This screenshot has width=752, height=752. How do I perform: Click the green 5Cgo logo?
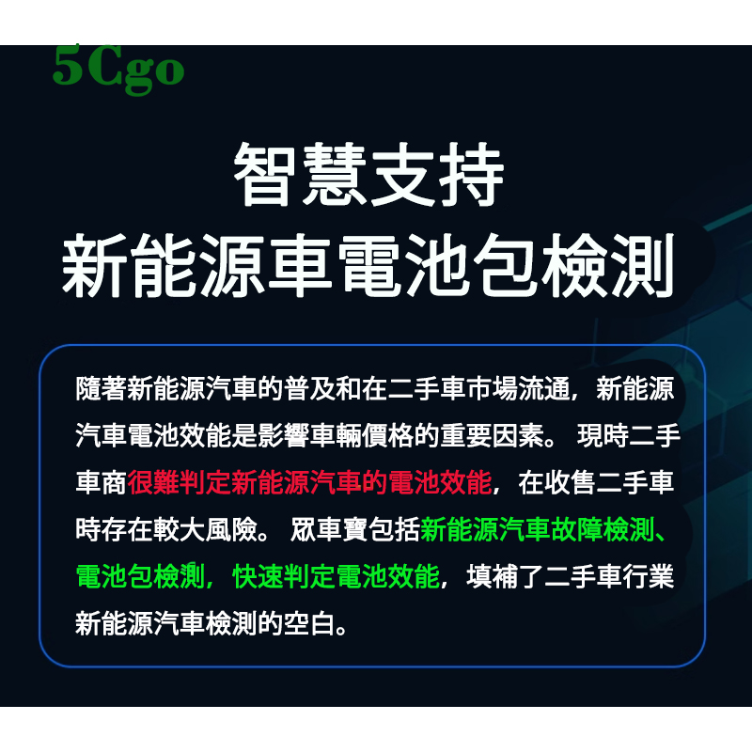(x=118, y=70)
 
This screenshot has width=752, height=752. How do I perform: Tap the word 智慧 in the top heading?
(x=300, y=175)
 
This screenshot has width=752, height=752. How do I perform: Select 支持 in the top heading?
(x=437, y=175)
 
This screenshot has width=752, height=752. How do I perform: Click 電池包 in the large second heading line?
(x=438, y=265)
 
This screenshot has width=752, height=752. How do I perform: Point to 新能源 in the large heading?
(x=163, y=265)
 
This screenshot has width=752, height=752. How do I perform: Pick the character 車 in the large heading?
(x=300, y=265)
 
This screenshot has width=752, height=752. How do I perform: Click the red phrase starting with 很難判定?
(x=309, y=482)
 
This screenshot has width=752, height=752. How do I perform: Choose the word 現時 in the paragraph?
(x=603, y=435)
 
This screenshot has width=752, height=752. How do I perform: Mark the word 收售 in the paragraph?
(x=570, y=482)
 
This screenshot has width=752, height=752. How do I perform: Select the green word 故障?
(x=576, y=529)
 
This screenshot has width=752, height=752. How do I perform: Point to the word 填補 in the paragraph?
(x=492, y=576)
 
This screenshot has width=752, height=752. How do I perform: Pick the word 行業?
(x=649, y=576)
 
